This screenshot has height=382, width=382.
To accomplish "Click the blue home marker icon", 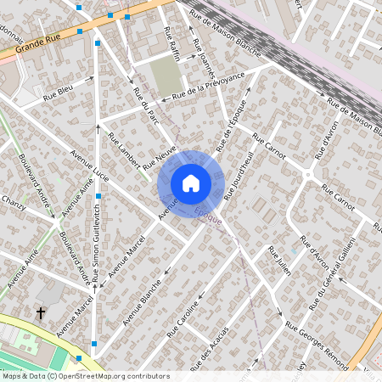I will [191, 183].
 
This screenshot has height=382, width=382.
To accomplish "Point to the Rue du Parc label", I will [148, 107].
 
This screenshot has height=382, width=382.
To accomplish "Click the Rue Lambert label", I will [123, 151].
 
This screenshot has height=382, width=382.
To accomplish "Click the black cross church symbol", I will [40, 313].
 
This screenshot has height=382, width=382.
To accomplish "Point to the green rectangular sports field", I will [166, 75].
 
